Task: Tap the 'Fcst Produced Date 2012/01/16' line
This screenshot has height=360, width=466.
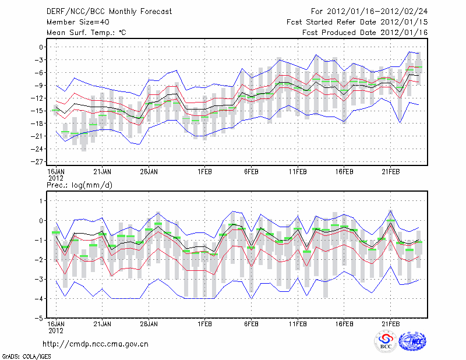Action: (365, 33)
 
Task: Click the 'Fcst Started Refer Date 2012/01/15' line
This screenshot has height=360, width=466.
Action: (357, 22)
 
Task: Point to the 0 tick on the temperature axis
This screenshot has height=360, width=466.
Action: (41, 47)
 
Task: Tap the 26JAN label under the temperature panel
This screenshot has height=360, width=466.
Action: (149, 172)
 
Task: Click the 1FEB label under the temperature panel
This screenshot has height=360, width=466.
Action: (204, 172)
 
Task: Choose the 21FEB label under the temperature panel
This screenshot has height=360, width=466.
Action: (391, 172)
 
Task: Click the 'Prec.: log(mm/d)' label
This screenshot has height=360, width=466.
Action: (78, 185)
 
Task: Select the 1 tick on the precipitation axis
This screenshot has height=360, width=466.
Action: (41, 201)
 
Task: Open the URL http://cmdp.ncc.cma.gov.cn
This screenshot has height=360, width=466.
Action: (96, 344)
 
